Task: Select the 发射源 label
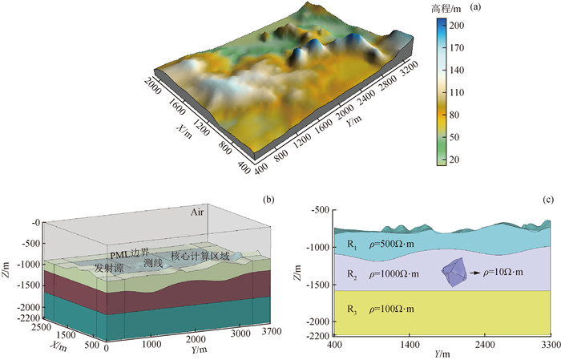[x=108, y=267]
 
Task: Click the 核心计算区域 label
[x=200, y=257]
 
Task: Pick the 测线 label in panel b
[x=153, y=262]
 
